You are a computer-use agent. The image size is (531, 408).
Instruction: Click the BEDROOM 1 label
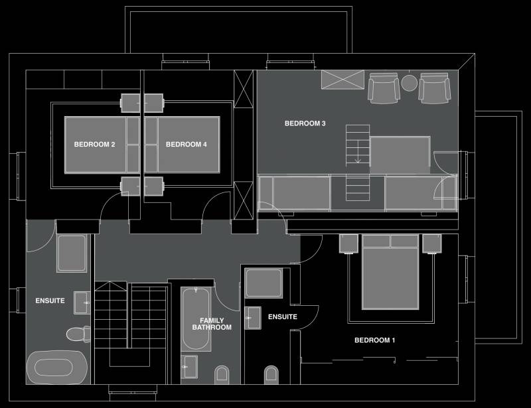coord(374,340)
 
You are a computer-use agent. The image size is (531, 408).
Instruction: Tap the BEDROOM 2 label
coord(94,144)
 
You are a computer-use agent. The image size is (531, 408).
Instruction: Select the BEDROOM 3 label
coord(305,123)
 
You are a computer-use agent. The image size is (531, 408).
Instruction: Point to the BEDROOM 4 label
coord(187,144)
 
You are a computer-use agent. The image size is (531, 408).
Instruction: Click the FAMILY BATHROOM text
coord(212,324)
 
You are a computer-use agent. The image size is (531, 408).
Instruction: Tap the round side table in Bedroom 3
coord(409,83)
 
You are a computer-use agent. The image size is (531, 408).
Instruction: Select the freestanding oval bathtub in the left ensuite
coord(57,368)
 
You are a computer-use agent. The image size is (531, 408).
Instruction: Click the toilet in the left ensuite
coord(78,334)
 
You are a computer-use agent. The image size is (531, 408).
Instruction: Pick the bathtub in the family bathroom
coord(196,319)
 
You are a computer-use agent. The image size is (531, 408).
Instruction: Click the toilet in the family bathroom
coord(222,375)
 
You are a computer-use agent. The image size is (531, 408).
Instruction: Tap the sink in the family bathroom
coord(190,367)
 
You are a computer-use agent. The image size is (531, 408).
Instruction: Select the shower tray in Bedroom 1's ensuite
coord(264,283)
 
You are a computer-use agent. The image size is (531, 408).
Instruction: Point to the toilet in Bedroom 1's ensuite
coord(271,375)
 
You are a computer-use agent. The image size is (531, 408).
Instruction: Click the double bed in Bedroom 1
coord(390,272)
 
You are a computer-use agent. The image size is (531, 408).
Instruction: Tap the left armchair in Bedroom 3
coord(384,88)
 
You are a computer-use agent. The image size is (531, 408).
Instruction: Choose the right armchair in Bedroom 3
coord(435,88)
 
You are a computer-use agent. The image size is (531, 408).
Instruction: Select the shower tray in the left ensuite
coord(72,253)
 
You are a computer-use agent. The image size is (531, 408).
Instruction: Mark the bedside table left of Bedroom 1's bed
coord(348,243)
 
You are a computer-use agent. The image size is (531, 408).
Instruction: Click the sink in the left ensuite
coord(82,303)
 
